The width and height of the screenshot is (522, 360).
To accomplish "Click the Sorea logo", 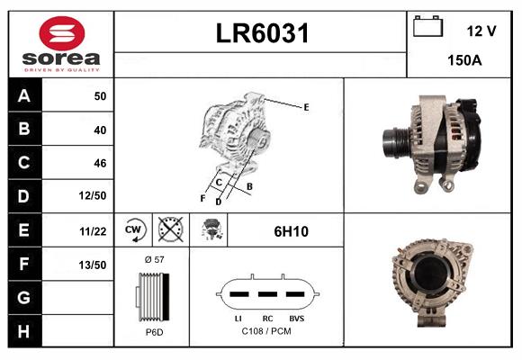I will coord(60,45).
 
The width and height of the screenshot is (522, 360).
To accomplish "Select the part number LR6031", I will coord(262,34).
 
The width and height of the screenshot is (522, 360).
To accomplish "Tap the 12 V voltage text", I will coord(481,31).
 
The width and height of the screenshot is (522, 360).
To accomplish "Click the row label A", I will coord(23,95).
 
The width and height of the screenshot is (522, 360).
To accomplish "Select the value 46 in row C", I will coord(100,163).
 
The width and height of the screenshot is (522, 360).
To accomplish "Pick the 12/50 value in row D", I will coord(94,196).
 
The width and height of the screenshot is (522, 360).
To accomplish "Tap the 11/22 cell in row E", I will coord(94,231).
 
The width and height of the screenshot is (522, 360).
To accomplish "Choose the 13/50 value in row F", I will coord(94,265).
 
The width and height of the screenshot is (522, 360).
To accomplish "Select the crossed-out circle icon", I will coord(169,231).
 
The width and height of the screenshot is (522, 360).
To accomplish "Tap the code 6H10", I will coord(291,231).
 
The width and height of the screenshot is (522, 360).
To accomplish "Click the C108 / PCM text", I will coord(267,332).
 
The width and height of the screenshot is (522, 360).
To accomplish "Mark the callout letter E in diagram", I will coord(306,107).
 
